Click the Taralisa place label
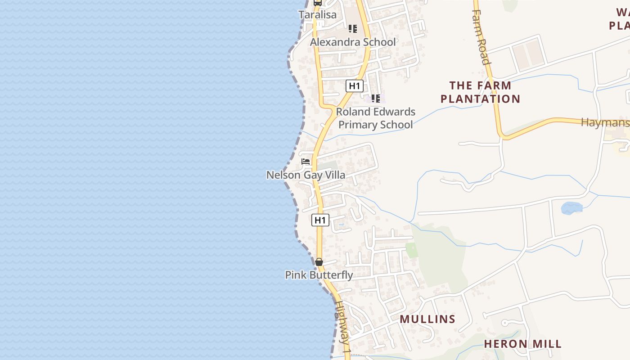317,15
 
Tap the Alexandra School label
353,42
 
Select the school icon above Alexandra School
353,29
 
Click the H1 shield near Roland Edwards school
355,85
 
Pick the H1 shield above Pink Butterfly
320,220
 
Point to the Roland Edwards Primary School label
376,118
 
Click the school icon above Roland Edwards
376,98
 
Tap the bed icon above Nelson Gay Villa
306,162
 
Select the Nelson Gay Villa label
306,175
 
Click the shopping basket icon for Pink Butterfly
319,261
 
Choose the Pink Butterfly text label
319,275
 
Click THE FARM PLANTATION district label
480,92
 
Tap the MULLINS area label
427,319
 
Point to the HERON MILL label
522,344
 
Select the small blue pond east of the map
571,207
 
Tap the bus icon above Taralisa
317,2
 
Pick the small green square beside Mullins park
411,250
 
